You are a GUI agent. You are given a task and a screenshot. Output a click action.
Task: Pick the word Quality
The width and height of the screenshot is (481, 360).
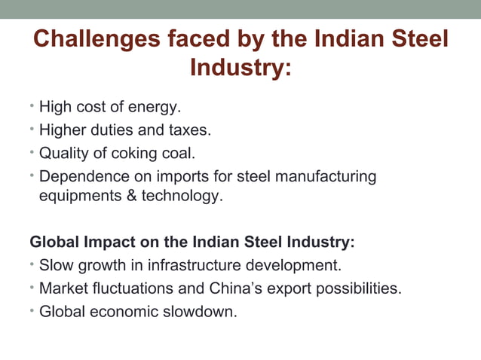pyautogui.click(x=65, y=154)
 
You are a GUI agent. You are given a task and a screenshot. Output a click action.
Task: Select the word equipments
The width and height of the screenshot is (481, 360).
pyautogui.click(x=76, y=197)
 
